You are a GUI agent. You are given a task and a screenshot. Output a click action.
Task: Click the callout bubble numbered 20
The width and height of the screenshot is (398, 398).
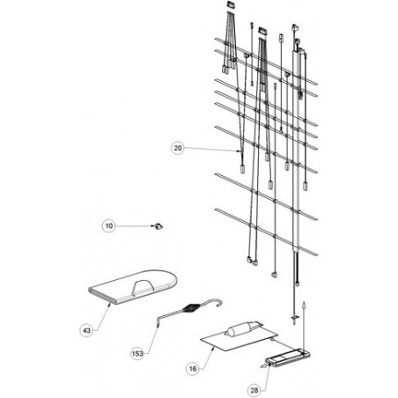click(x=178, y=148)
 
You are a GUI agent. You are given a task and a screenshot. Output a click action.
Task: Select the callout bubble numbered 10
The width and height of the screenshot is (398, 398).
click(x=109, y=226)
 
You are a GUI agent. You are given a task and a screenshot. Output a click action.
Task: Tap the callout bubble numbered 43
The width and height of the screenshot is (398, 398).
click(x=86, y=331)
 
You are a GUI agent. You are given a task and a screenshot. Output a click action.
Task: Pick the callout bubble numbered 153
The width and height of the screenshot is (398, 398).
click(x=137, y=354)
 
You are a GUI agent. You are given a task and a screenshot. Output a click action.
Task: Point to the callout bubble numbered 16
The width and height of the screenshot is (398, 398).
click(x=193, y=369)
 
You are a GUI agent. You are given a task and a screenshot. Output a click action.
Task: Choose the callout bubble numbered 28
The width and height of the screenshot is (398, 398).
click(x=254, y=390)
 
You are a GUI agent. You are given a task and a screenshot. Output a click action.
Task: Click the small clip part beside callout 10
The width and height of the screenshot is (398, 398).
click(x=158, y=226)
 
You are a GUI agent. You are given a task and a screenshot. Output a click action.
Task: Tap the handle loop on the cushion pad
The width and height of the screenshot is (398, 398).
click(x=143, y=286)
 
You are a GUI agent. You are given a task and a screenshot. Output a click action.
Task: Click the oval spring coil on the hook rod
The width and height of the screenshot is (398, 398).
click(x=191, y=308)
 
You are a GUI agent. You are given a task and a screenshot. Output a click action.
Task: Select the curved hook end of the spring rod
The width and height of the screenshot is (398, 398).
click(x=217, y=302)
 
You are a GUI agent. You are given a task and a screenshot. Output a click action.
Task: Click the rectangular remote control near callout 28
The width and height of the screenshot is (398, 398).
click(x=288, y=357)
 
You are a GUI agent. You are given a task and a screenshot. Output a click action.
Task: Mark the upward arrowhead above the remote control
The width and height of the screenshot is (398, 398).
click(x=304, y=305)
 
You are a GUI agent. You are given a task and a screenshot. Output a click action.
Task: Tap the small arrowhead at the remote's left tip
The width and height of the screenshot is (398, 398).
click(x=263, y=365)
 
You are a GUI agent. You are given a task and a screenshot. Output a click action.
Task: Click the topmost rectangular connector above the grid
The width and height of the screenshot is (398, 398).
click(x=230, y=4)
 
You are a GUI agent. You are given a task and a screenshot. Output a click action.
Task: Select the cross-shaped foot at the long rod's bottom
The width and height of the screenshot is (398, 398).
click(x=294, y=317)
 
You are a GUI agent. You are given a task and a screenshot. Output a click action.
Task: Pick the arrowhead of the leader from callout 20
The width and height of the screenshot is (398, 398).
click(x=239, y=151)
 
